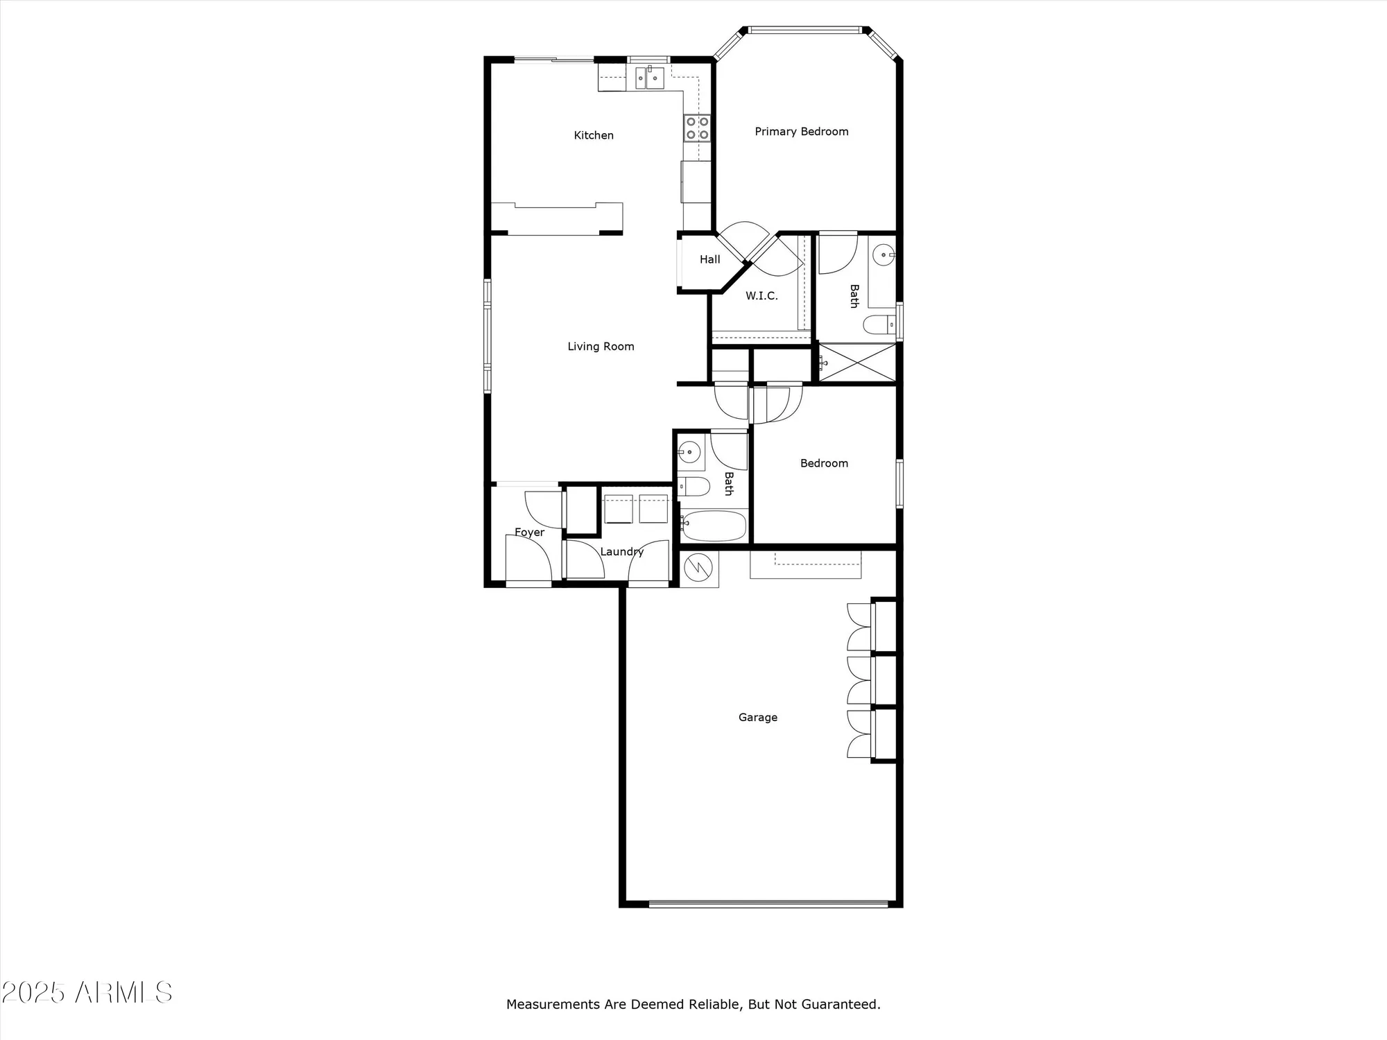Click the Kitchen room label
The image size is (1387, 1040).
coord(594,135)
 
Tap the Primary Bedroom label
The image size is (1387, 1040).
coord(801,132)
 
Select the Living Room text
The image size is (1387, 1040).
coord(601,347)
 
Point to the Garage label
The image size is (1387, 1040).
coord(757,718)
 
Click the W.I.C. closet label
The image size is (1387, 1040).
coord(761,296)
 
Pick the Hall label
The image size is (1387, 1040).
coord(709,259)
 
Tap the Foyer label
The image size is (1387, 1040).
coord(529,532)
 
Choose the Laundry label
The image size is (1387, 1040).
coord(621,552)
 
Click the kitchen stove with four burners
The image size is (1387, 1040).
coord(698,128)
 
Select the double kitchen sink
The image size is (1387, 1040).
coord(650,78)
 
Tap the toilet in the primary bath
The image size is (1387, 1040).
coord(879,324)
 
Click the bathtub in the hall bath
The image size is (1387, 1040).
coord(714,526)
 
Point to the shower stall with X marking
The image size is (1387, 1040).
coord(857,362)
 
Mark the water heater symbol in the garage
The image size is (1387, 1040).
coord(698,569)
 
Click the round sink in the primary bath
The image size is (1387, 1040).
coord(883,255)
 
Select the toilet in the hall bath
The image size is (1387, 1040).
coord(694,487)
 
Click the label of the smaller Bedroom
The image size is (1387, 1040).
coord(824,463)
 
